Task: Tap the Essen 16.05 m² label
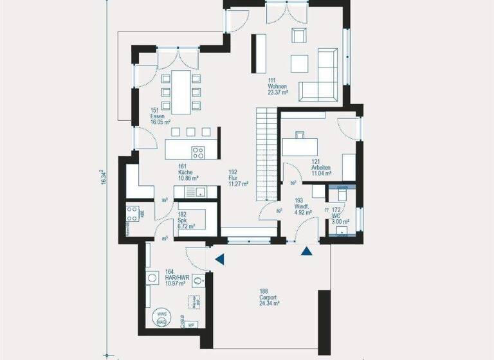pos(160,116)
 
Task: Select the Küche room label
pos(188,172)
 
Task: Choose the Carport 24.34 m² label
pos(269,297)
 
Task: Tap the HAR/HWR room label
pos(175,277)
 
